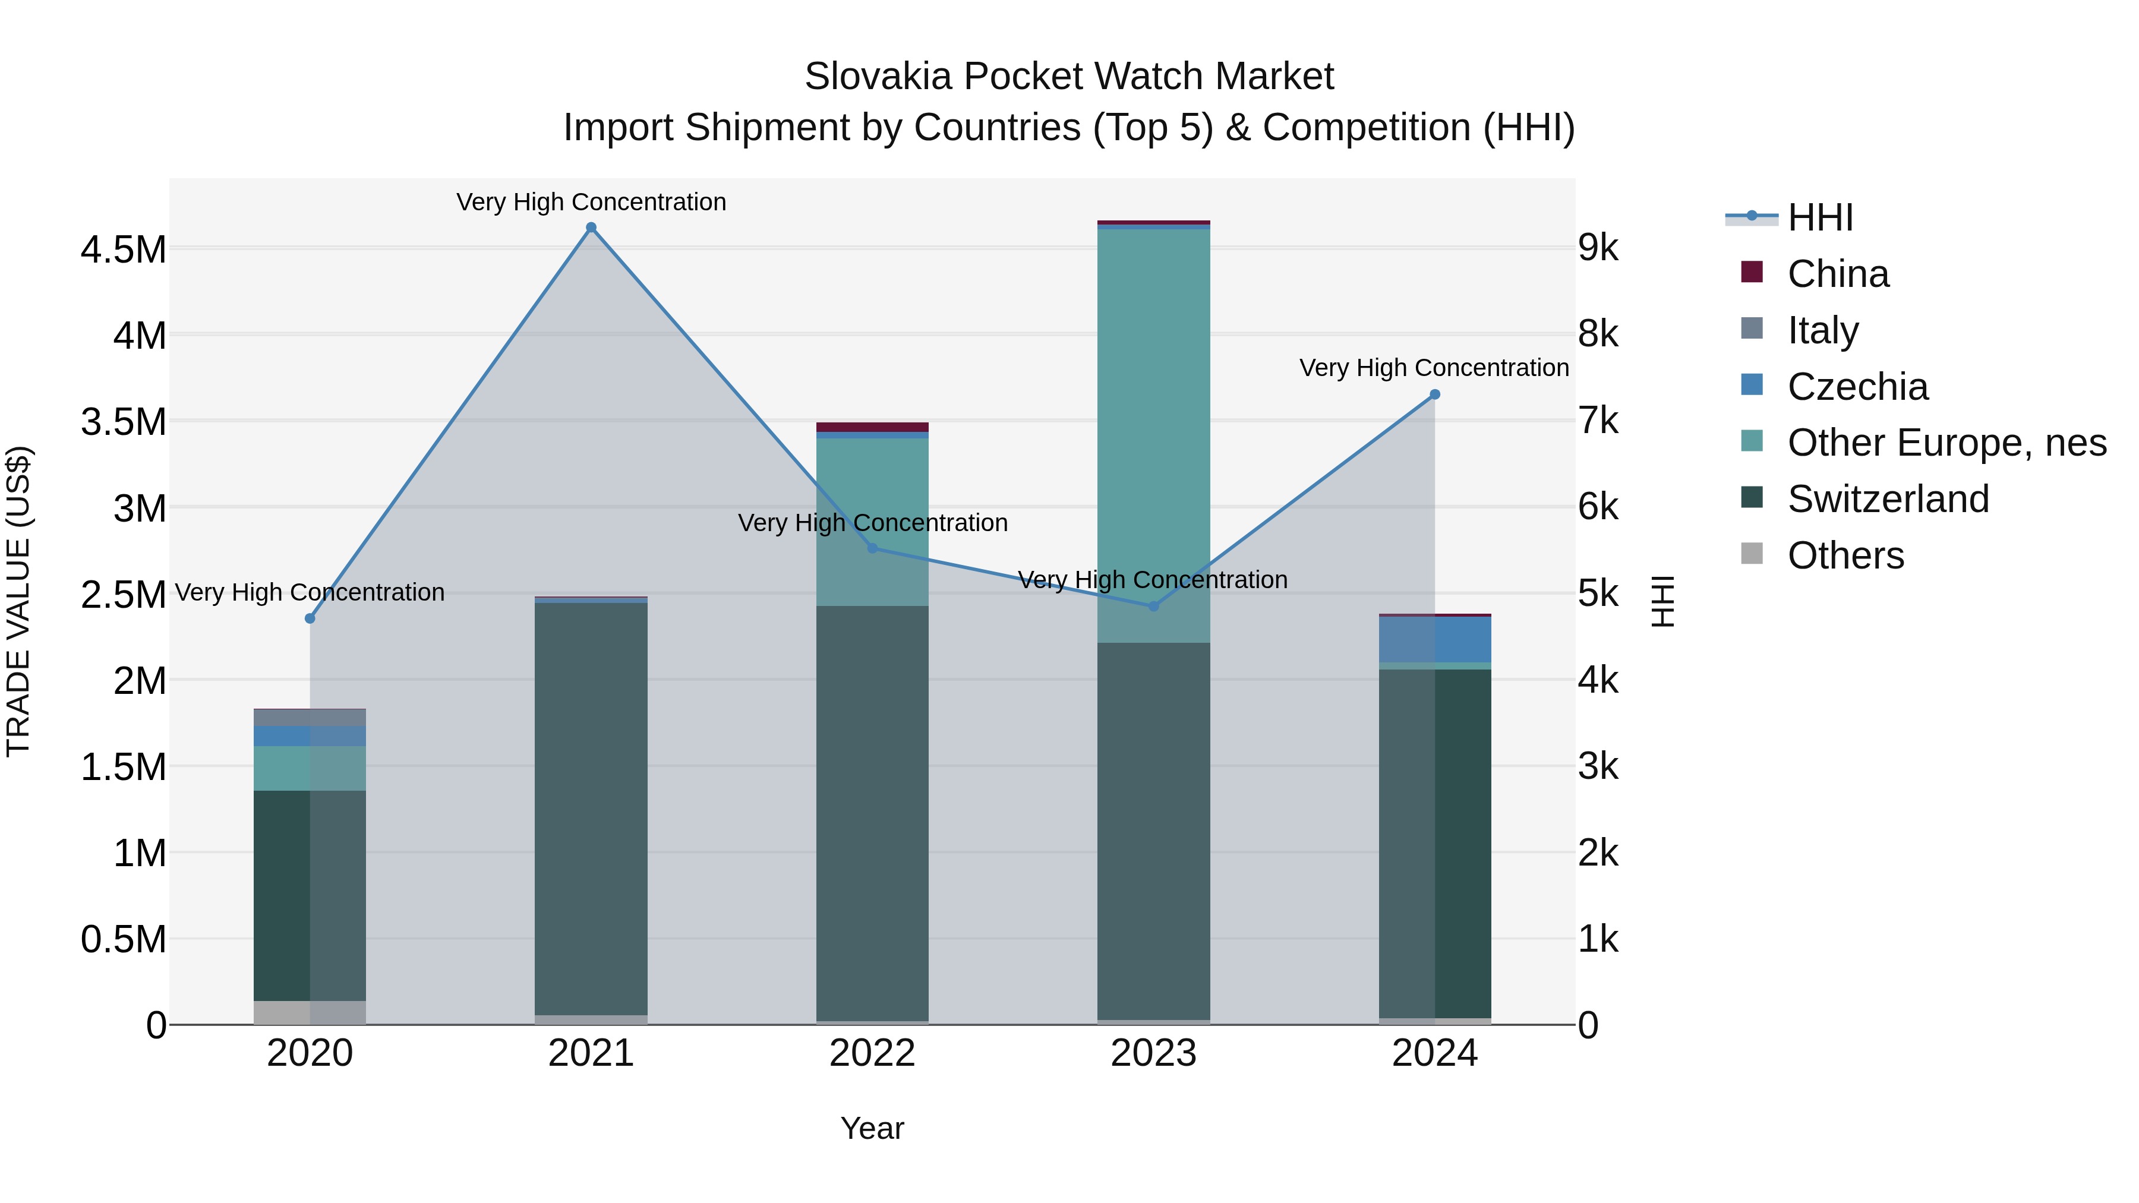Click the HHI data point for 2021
[591, 228]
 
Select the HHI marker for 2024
[1434, 394]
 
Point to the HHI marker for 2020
[310, 618]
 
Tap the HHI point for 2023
[1153, 606]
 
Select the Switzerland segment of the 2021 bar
[591, 806]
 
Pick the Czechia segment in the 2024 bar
[1435, 639]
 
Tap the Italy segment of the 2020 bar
[310, 717]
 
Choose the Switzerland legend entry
[1888, 499]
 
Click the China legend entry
[1838, 274]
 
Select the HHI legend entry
[1819, 217]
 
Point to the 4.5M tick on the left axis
[123, 249]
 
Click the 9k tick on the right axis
[1598, 247]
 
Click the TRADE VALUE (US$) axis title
[18, 601]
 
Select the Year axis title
[872, 1128]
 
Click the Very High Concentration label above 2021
[591, 202]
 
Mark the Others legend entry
[1845, 555]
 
